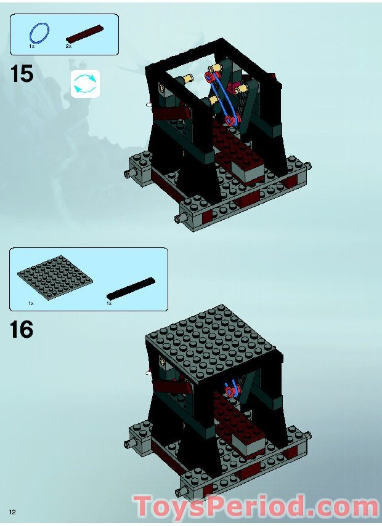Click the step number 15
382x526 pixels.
coord(22,74)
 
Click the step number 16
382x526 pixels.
coord(22,330)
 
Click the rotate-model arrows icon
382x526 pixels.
coord(85,84)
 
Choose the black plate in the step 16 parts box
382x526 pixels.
coord(131,288)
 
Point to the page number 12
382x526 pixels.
coord(12,512)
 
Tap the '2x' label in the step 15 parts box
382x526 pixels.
coord(68,46)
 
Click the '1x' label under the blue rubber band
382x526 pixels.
coord(32,46)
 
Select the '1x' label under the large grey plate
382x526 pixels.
coord(30,303)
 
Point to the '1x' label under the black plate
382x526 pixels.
coord(109,303)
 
